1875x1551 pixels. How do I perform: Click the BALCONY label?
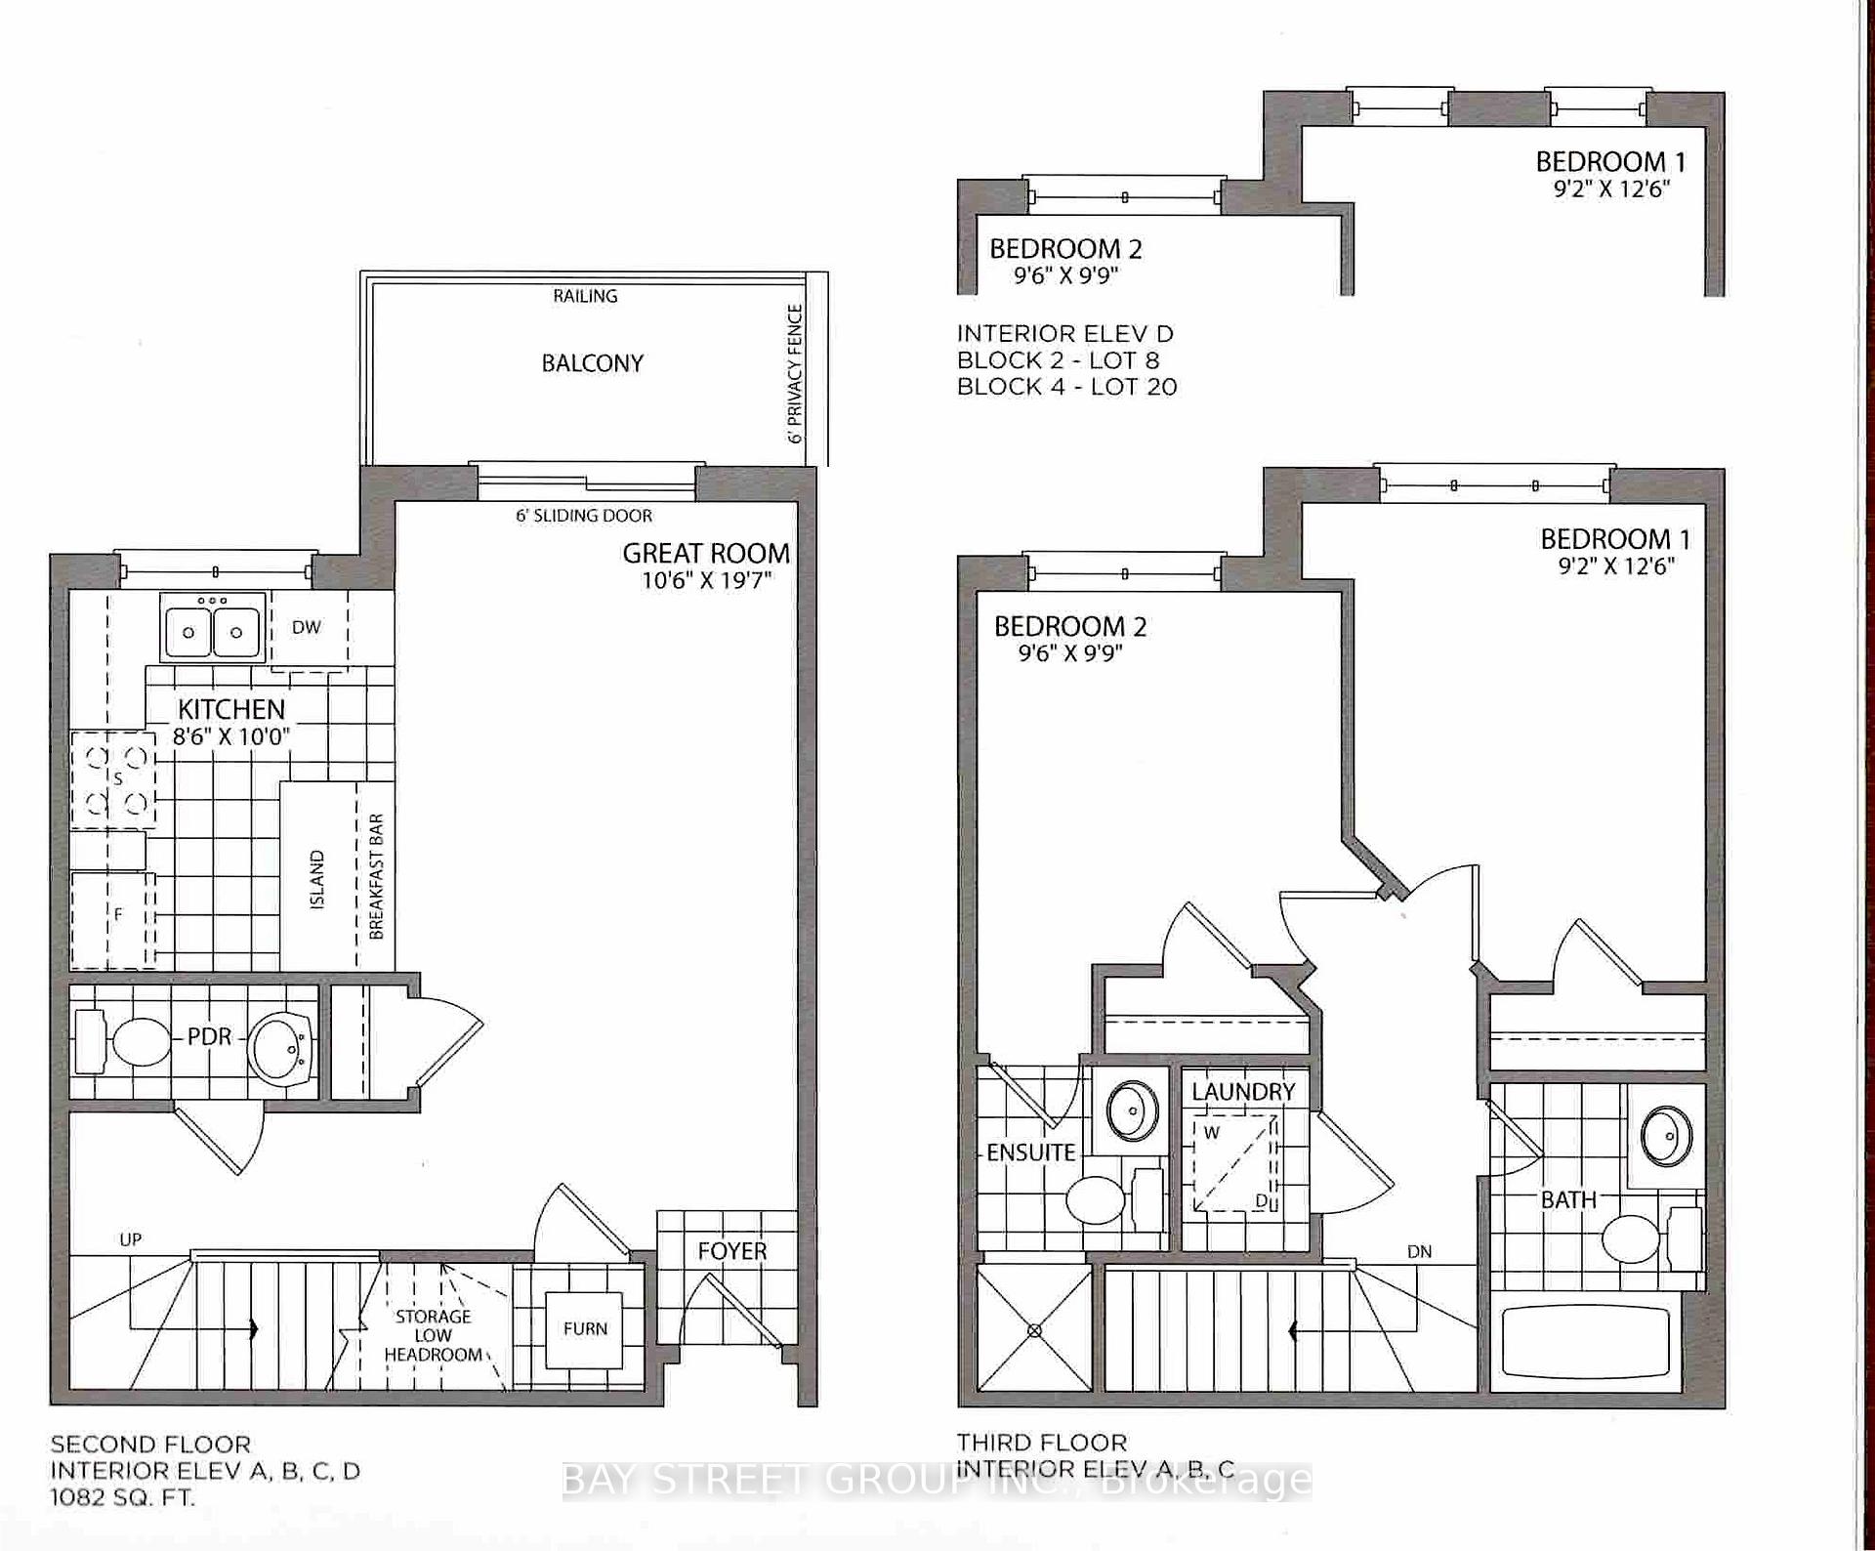(593, 363)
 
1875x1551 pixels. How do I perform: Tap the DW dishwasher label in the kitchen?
(307, 627)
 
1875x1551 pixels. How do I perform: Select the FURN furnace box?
(585, 1329)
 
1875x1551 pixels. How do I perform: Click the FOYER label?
(732, 1251)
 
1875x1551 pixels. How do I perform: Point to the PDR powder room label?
(210, 1036)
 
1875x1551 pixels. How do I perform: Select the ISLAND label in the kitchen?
(317, 881)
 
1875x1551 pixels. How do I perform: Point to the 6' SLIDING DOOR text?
(584, 515)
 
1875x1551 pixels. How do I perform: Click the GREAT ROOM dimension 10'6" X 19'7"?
(707, 580)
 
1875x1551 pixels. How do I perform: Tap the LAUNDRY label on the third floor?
(1243, 1091)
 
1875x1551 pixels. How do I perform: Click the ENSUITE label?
(1030, 1153)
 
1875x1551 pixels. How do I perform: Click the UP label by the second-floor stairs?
(131, 1239)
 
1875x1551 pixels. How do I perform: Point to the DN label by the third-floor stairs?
(1420, 1251)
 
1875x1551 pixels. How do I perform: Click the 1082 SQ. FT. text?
(123, 1497)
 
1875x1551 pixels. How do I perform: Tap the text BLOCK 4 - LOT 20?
(1067, 387)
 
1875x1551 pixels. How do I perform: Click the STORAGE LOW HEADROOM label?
(433, 1335)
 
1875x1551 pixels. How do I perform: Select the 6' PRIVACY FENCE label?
(795, 374)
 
